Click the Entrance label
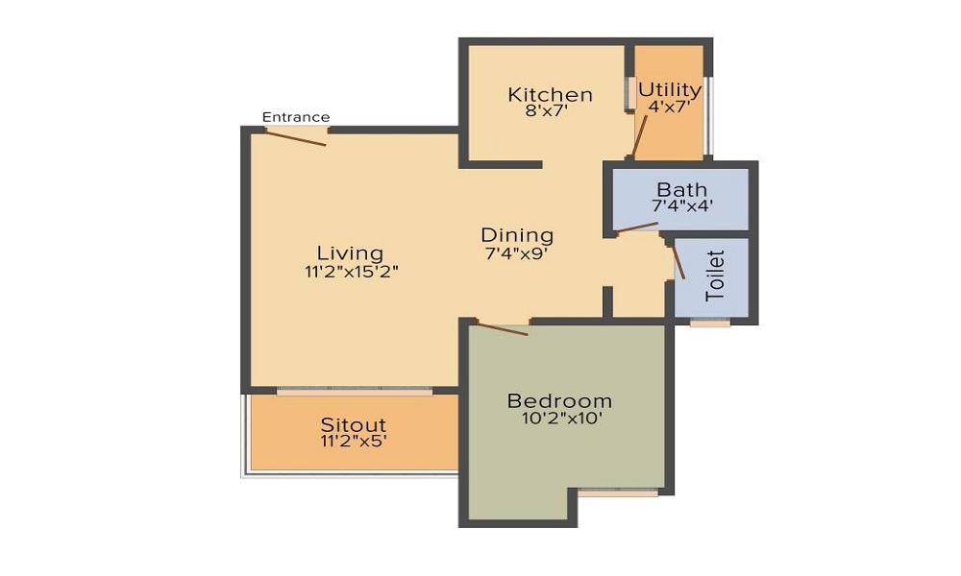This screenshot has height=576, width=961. click(x=296, y=117)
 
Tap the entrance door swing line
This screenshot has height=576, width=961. click(x=295, y=137)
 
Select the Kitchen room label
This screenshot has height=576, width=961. click(x=551, y=95)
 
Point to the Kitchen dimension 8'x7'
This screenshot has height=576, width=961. click(x=548, y=111)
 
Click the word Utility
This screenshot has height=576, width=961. click(x=670, y=90)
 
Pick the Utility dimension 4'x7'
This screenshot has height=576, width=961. click(x=670, y=107)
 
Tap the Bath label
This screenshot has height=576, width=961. click(x=681, y=190)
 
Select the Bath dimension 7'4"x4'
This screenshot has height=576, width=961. click(x=681, y=205)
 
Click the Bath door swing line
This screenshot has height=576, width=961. click(x=637, y=228)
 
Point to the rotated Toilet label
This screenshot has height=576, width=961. click(x=715, y=276)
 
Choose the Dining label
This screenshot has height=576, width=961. click(x=517, y=235)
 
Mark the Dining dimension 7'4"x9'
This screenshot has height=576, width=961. click(x=516, y=252)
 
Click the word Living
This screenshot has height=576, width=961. click(x=351, y=252)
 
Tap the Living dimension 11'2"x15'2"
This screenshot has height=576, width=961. click(x=352, y=271)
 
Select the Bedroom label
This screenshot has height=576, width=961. click(x=559, y=401)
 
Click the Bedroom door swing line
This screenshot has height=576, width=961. click(x=503, y=328)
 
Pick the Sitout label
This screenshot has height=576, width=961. click(x=354, y=425)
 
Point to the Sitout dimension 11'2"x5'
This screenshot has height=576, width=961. click(x=354, y=441)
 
